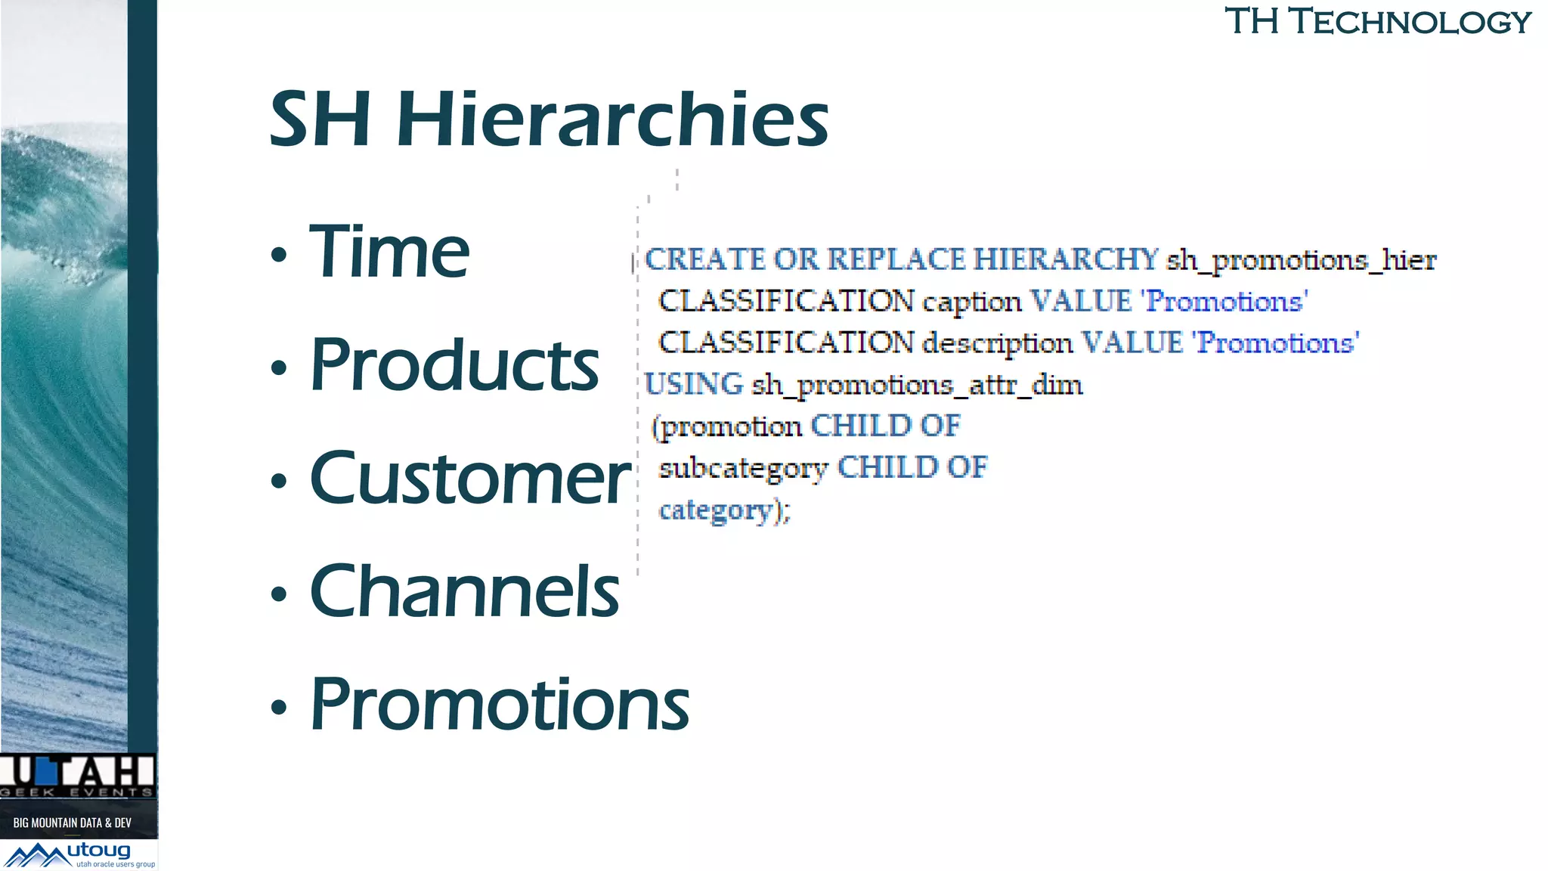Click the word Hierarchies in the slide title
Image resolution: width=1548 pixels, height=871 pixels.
point(612,119)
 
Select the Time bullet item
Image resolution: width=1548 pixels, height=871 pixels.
point(389,252)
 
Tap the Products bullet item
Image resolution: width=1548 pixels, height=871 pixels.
point(454,365)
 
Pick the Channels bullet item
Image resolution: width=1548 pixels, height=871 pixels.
point(464,591)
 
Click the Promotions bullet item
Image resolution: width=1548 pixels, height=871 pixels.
point(500,705)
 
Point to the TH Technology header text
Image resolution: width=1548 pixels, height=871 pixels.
point(1377,21)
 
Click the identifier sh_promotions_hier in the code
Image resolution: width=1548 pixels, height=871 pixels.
point(1301,260)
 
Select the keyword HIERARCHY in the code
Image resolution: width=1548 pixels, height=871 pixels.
point(1065,259)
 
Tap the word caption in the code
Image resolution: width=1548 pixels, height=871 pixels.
point(971,302)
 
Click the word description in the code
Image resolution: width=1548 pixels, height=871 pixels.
point(997,343)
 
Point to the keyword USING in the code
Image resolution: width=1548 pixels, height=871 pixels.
point(694,384)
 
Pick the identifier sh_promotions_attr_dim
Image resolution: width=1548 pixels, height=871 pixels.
point(917,385)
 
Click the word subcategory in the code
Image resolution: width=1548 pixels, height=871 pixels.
point(743,468)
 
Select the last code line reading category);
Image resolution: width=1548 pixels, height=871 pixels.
point(724,510)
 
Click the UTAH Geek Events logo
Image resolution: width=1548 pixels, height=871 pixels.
point(78,775)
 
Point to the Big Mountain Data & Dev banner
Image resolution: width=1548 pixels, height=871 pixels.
point(73,822)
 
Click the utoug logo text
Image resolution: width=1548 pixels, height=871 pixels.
point(99,851)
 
